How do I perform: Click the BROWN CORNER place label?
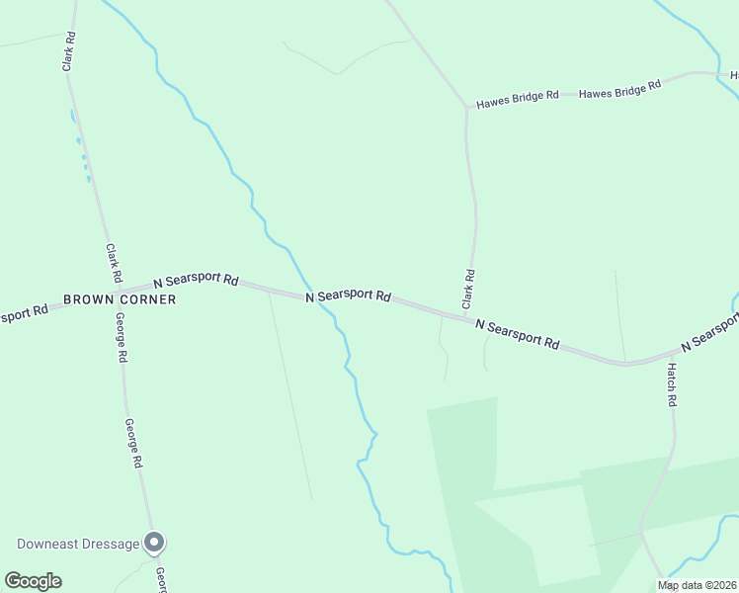point(120,299)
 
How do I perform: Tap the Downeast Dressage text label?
point(77,544)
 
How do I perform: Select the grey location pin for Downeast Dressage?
point(154,543)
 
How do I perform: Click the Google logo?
point(33,581)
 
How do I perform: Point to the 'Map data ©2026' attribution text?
point(697,585)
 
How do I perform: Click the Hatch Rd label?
point(671,385)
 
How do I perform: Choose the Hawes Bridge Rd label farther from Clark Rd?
point(619,90)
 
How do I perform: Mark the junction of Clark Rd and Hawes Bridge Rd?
point(466,107)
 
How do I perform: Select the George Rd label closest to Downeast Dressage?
point(134,444)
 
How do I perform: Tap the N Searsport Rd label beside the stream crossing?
point(348,296)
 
